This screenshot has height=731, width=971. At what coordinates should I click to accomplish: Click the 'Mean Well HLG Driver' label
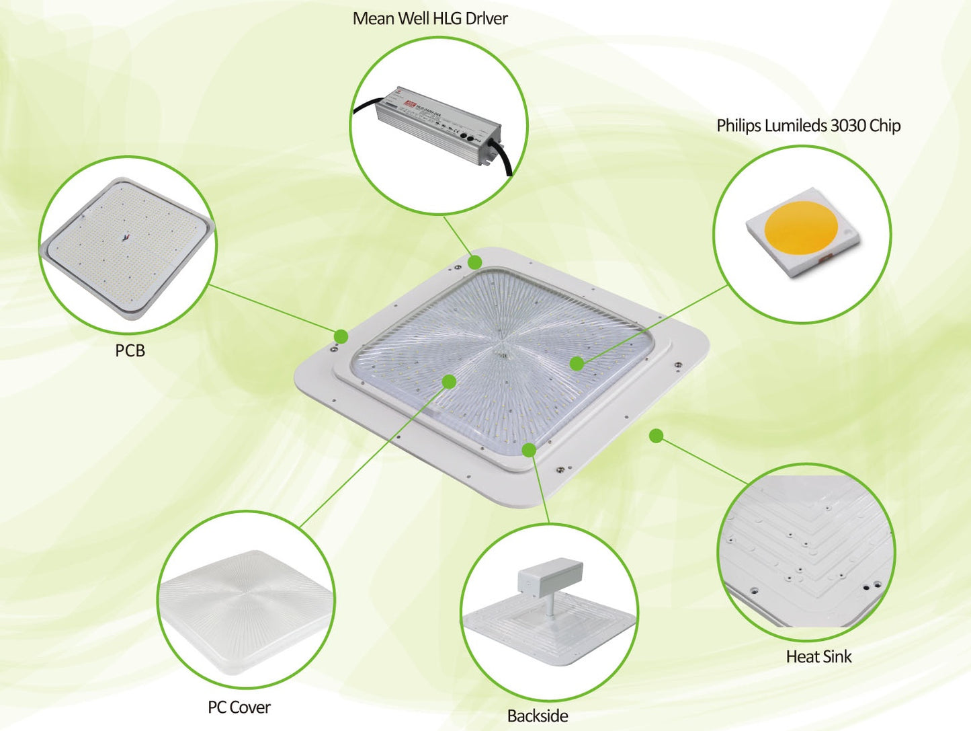[430, 18]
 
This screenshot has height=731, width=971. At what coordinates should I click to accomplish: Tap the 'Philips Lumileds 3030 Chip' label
[808, 126]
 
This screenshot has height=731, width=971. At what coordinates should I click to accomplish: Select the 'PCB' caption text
[130, 350]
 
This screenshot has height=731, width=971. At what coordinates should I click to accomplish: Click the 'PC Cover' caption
[239, 707]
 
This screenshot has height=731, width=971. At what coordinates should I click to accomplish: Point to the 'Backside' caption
[537, 716]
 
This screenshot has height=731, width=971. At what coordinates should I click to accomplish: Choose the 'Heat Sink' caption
[818, 657]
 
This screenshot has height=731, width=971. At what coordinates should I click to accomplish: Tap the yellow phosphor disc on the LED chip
[802, 227]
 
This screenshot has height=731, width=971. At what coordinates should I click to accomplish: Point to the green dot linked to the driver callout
[475, 262]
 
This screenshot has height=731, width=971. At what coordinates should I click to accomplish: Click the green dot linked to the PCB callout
[341, 336]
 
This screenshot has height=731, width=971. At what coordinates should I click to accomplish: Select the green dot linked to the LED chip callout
[577, 364]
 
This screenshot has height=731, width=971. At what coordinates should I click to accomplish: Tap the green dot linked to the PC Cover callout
[450, 382]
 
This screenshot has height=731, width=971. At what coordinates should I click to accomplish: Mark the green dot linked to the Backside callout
[530, 450]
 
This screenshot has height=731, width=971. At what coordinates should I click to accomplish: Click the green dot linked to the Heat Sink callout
[657, 436]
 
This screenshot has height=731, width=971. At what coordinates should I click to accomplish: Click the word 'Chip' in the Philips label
[885, 126]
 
